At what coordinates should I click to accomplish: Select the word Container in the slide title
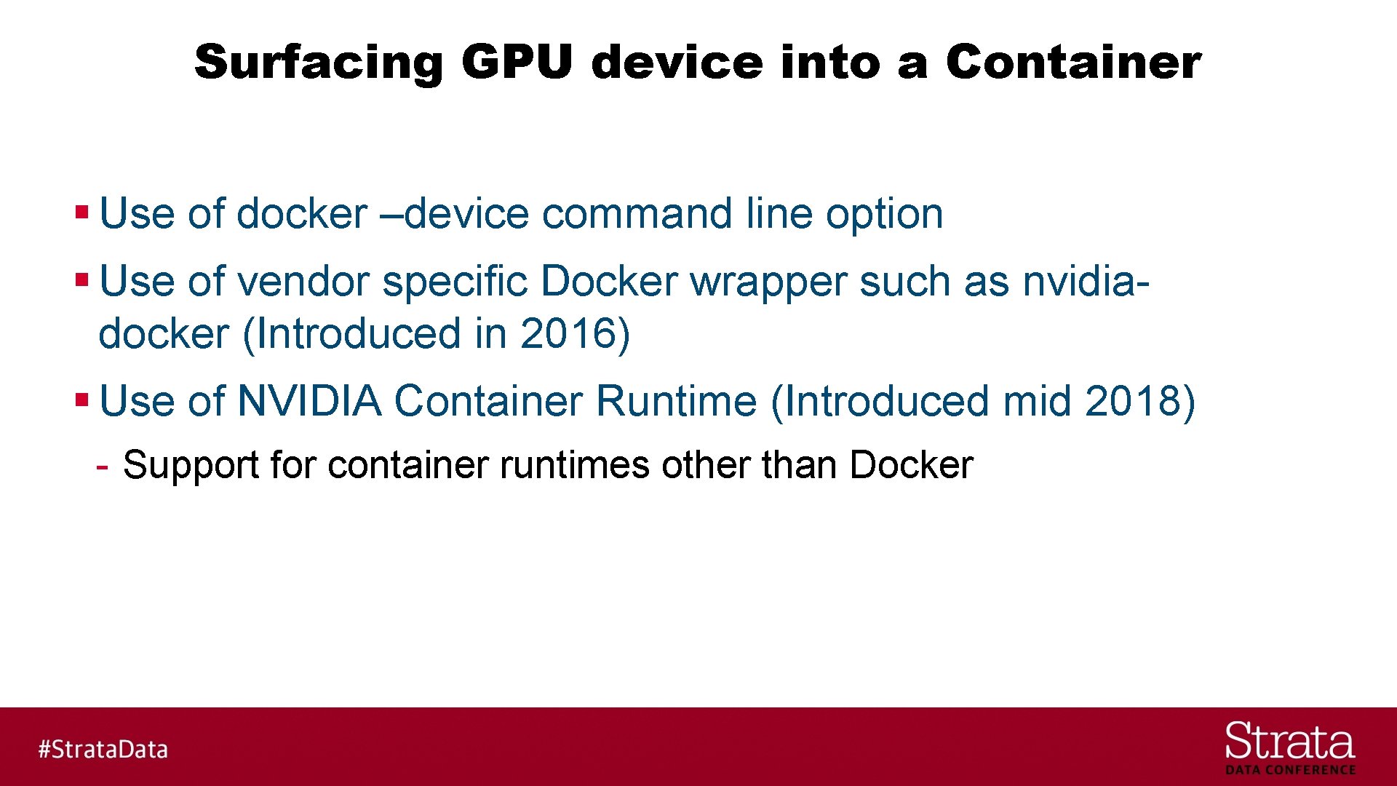click(x=1073, y=62)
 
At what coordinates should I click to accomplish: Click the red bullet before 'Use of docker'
click(x=81, y=213)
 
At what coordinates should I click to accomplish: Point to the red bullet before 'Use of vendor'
click(x=81, y=280)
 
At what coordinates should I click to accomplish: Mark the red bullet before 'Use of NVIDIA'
click(x=81, y=400)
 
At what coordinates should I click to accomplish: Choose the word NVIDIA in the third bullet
click(x=309, y=401)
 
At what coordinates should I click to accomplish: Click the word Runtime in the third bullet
click(x=677, y=401)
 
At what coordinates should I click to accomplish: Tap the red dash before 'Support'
click(x=103, y=465)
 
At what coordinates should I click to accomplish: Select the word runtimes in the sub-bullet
click(x=575, y=465)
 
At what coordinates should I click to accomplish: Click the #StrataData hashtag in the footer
click(x=103, y=749)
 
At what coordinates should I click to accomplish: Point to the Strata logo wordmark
click(x=1289, y=742)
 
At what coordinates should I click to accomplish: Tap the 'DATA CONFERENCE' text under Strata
click(x=1290, y=770)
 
